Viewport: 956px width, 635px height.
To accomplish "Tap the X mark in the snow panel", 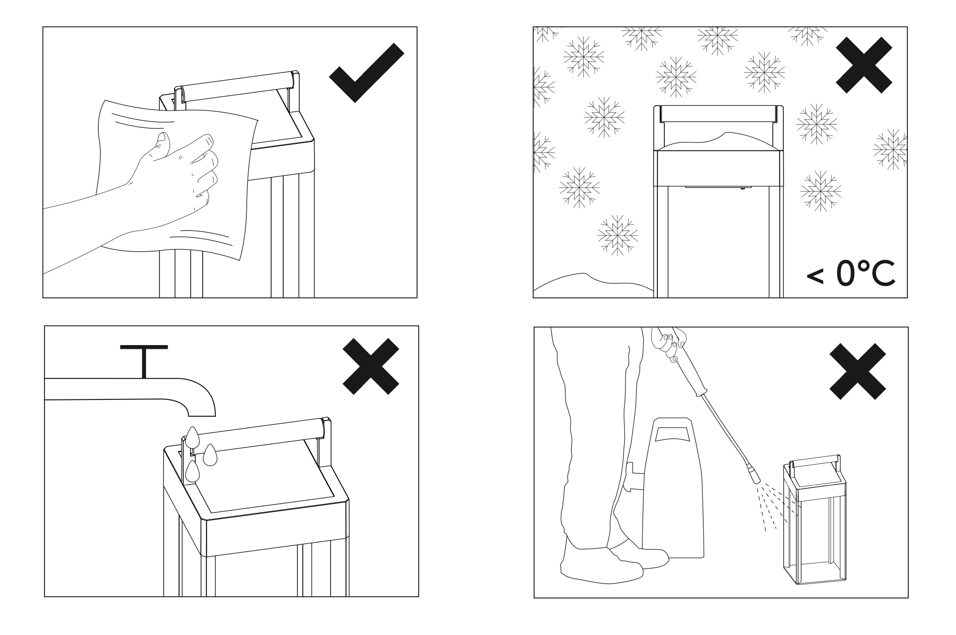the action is (864, 65).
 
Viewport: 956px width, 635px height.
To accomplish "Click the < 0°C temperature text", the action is (851, 275).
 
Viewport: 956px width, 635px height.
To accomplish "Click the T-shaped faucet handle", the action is (144, 361).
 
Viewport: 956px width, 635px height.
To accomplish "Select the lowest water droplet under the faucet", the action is (192, 472).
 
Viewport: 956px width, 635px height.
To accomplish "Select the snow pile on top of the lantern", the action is (719, 142).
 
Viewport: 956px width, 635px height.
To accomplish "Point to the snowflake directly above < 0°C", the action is (820, 191).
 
